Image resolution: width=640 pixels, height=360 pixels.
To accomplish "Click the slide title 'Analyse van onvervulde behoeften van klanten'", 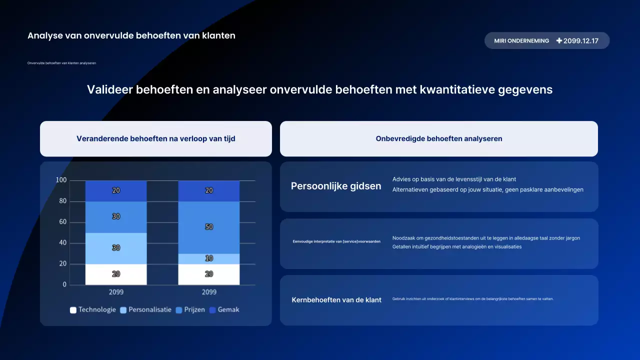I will tap(131, 35).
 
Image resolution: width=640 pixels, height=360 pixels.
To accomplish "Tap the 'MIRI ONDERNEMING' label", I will tap(521, 41).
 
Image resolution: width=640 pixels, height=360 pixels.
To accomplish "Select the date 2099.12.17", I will tap(580, 41).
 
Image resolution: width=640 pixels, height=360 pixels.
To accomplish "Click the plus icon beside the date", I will tap(559, 41).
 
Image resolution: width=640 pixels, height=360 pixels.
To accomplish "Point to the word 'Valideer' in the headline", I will tap(109, 89).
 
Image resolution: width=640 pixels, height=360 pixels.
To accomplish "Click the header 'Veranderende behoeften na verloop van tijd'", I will tap(155, 138).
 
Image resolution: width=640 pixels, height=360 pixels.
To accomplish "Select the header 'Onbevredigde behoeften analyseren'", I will tap(438, 138).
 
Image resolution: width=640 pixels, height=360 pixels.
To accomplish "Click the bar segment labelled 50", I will tap(209, 227).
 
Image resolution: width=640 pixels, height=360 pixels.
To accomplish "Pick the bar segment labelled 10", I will tap(209, 258).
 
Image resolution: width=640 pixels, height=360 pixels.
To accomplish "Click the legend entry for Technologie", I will tap(93, 310).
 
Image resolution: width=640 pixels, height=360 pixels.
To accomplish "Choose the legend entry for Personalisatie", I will tap(145, 310).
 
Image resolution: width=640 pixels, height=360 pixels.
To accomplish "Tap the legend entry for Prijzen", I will tap(190, 310).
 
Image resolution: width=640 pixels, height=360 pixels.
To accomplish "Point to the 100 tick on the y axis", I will tap(61, 180).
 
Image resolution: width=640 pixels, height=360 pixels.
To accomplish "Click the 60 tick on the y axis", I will tap(62, 222).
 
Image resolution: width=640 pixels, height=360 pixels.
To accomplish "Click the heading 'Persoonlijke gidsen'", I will tap(336, 186).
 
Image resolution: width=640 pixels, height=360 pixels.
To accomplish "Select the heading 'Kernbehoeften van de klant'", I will tap(336, 300).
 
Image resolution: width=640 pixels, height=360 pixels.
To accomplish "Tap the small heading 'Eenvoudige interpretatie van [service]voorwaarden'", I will tap(336, 241).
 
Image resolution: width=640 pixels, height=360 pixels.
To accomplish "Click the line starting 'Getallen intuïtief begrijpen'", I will tap(456, 246).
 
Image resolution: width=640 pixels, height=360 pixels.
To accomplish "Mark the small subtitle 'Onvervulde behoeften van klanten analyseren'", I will tap(61, 63).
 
